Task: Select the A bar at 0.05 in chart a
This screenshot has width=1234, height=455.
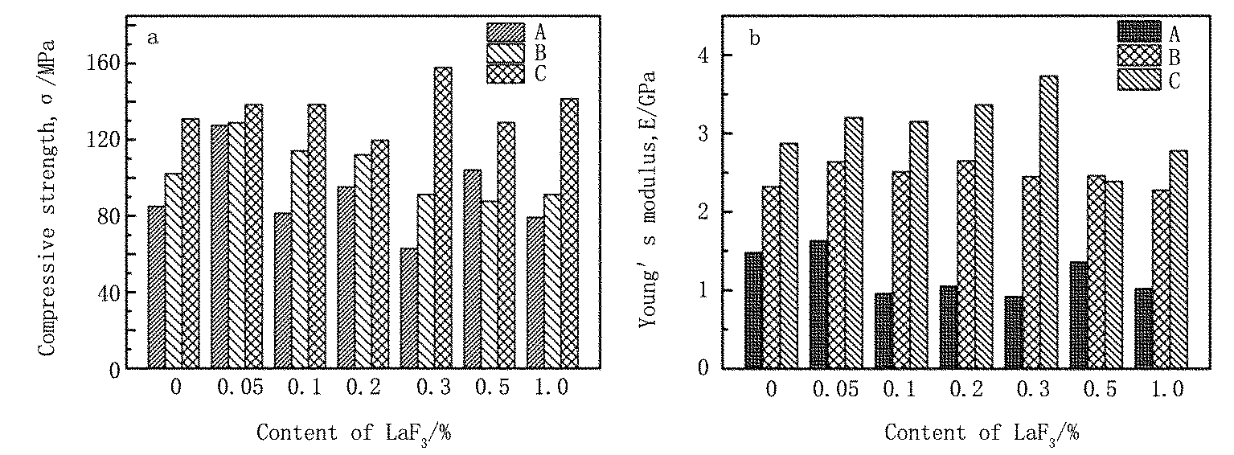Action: point(219,246)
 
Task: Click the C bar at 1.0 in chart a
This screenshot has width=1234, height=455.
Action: point(569,233)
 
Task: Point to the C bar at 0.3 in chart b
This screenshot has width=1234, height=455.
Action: point(1048,222)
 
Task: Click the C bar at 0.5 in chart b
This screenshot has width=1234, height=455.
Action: point(1113,274)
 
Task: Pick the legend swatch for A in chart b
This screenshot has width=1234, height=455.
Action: point(1138,32)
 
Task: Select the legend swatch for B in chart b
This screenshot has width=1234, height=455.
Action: point(1138,55)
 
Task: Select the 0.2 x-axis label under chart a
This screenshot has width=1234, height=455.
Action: point(363,389)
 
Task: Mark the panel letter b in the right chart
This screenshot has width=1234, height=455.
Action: point(754,38)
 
